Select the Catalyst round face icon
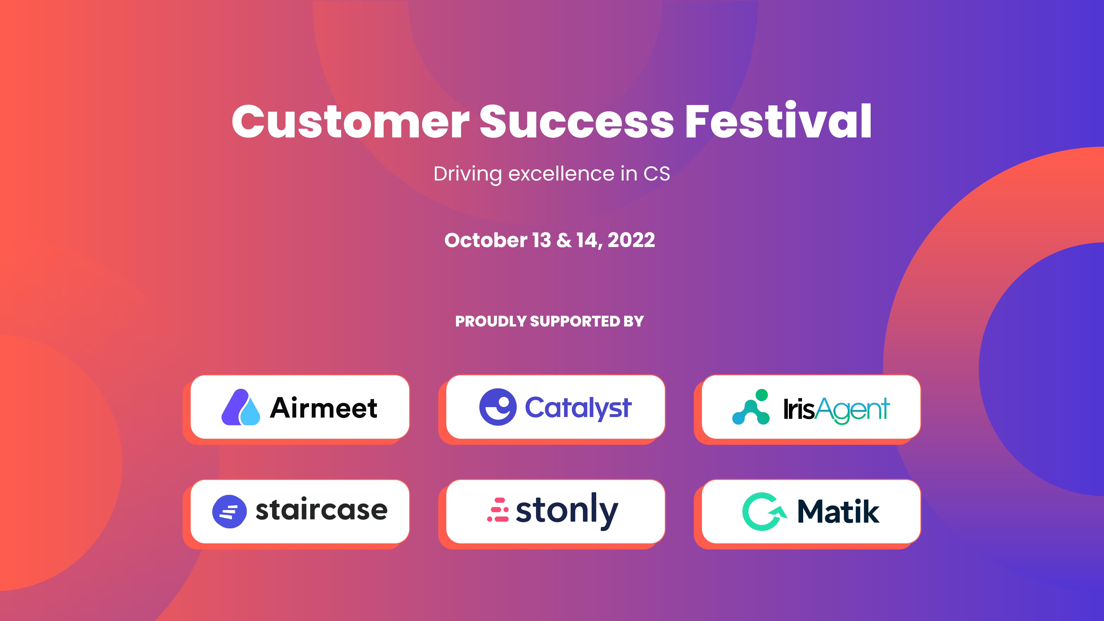click(x=498, y=407)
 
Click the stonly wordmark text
click(x=567, y=511)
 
